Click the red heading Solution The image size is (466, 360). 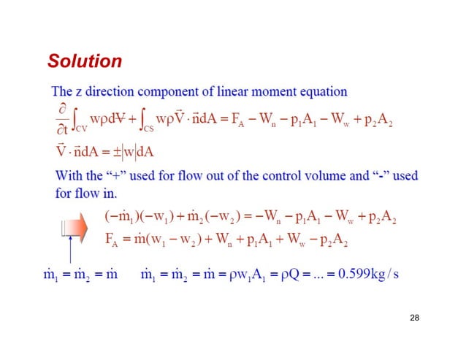point(84,61)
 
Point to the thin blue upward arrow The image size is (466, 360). point(70,252)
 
